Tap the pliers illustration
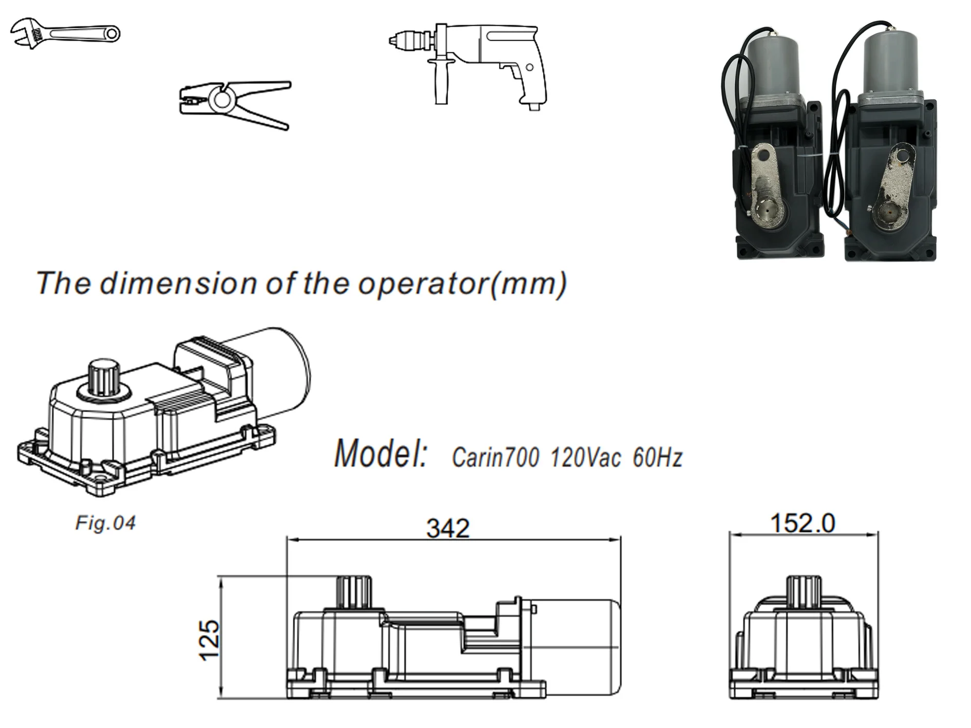[234, 104]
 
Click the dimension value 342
[448, 529]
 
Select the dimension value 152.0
[803, 524]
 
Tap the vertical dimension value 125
[210, 640]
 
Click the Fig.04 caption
[105, 523]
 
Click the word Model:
[380, 454]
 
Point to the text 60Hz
[657, 457]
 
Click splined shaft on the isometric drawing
[104, 378]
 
